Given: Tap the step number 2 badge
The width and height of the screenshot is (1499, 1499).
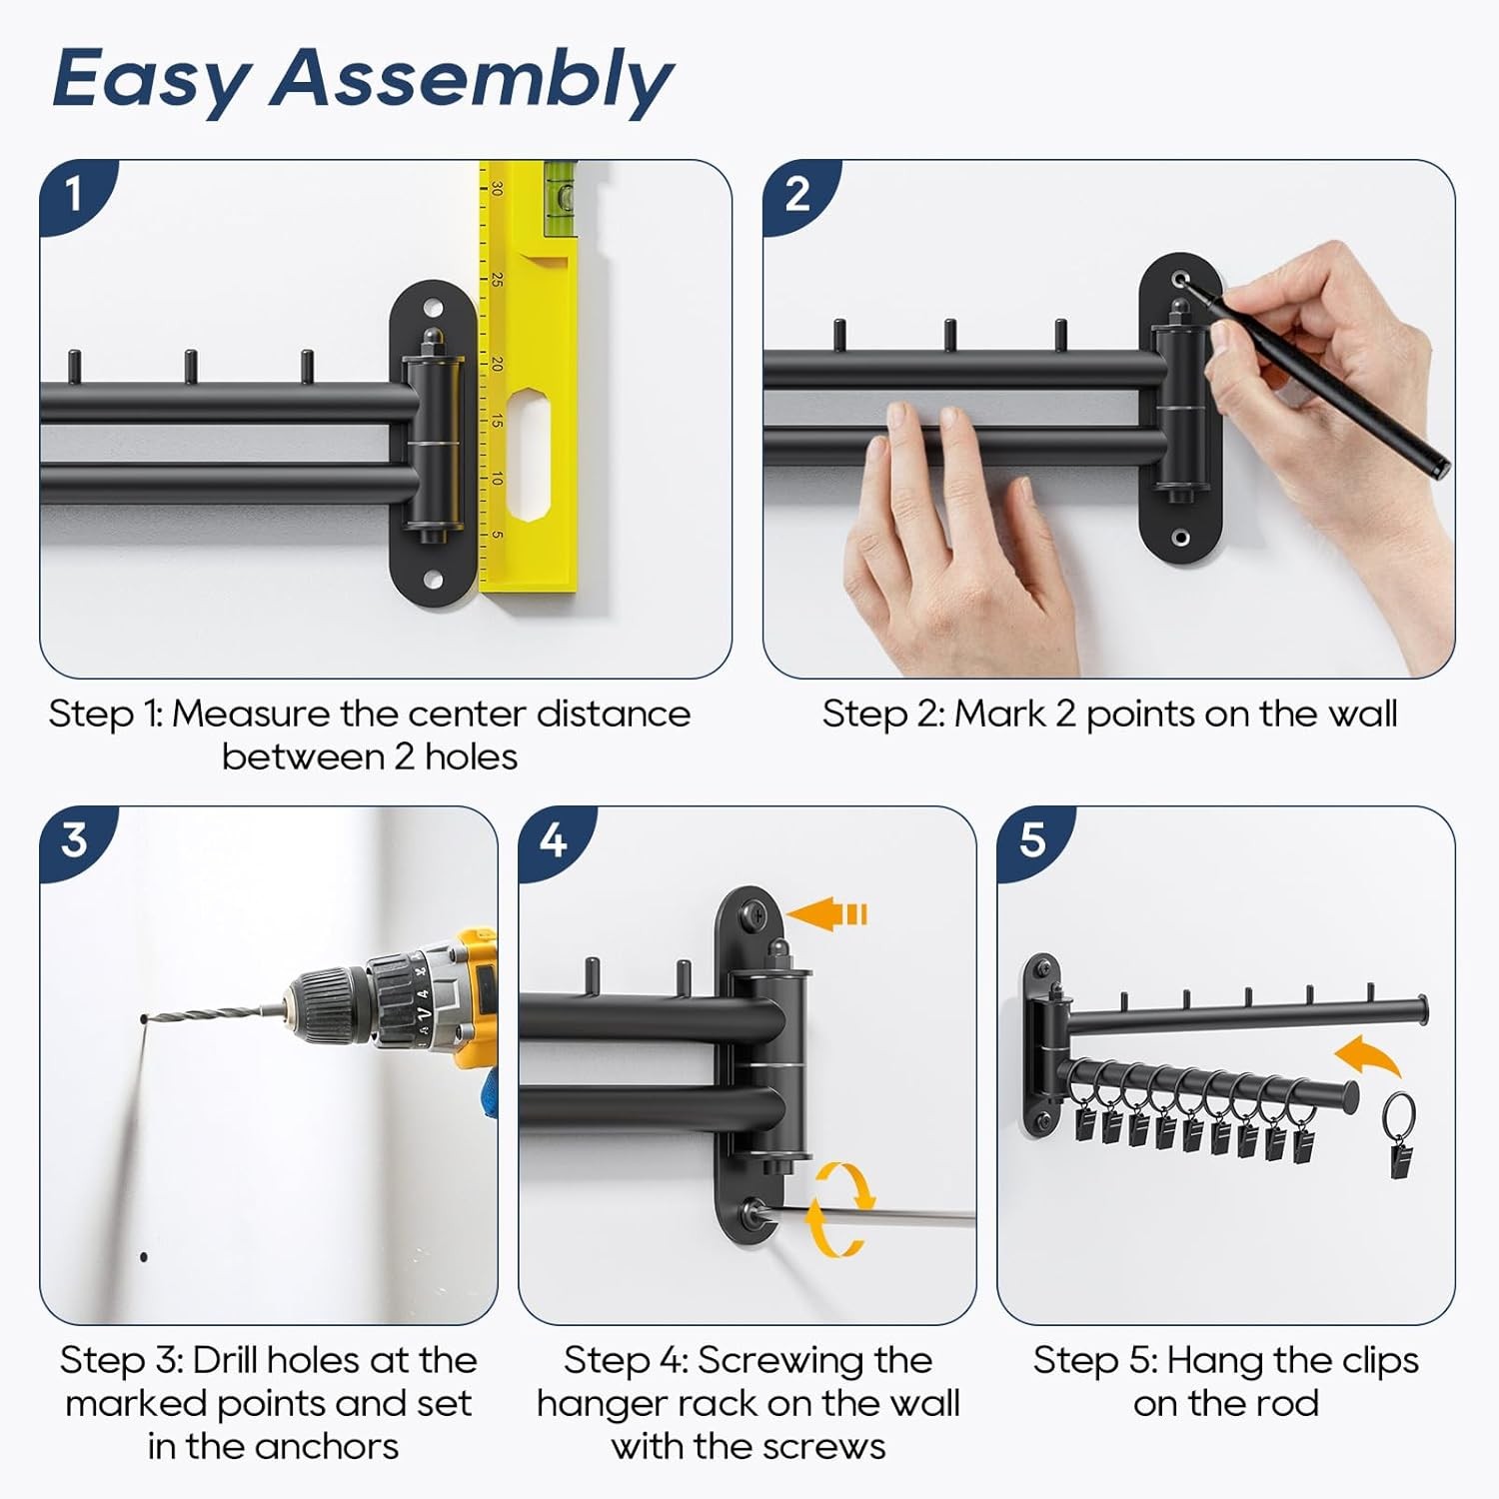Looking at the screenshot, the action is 796,193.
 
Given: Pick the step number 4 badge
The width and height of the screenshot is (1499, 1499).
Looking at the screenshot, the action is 553,839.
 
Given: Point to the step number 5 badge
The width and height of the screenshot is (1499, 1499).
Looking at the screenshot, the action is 1031,839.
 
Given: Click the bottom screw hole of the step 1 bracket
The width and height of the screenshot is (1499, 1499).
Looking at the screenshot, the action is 434,579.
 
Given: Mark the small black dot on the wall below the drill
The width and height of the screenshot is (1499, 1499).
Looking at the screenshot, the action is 144,1256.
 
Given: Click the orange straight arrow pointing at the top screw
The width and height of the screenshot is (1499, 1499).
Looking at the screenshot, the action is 826,913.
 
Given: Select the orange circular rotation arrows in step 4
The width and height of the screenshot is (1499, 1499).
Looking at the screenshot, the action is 839,1209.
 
